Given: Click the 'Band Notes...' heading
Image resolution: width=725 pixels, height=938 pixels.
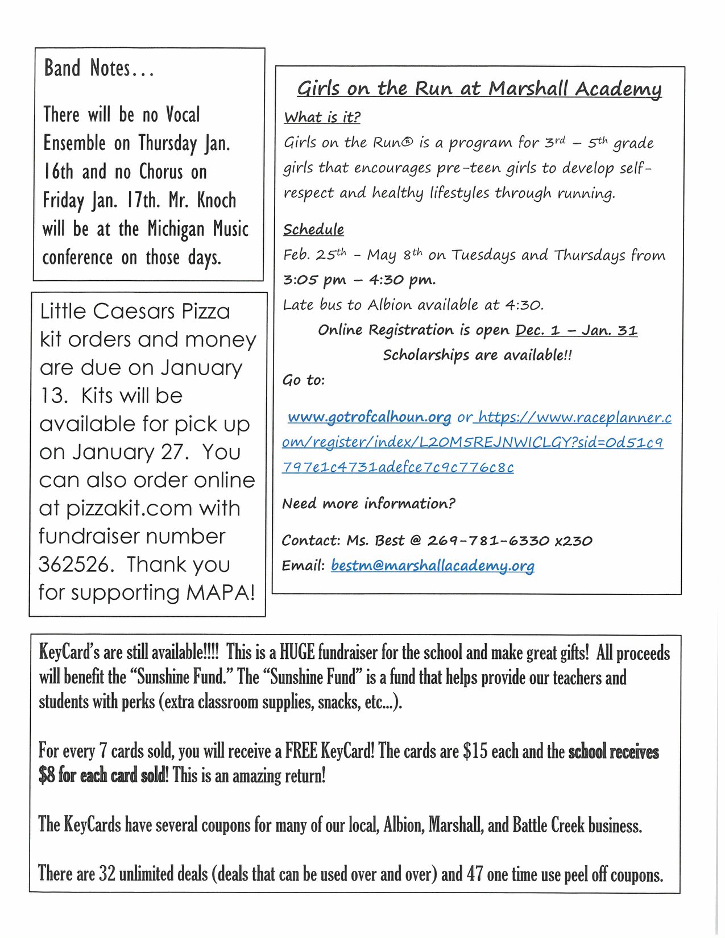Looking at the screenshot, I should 99,68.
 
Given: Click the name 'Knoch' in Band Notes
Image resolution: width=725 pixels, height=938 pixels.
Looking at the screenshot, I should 217,200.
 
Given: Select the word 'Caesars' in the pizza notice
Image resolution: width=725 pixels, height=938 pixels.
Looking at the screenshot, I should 134,312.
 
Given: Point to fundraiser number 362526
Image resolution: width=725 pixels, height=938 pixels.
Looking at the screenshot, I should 73,565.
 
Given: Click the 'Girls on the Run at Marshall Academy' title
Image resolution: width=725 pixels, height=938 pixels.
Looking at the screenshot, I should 479,89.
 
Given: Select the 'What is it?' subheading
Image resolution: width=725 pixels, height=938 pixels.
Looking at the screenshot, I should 322,118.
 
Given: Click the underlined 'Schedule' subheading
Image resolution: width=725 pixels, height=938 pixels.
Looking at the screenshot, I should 313,230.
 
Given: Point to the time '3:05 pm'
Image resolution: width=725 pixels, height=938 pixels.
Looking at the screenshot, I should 314,280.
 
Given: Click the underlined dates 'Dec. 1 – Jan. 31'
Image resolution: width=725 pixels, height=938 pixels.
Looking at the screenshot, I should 576,330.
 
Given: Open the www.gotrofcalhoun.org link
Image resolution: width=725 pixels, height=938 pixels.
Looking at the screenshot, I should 369,417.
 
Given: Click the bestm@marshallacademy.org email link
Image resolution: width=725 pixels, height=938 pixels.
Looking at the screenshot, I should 432,566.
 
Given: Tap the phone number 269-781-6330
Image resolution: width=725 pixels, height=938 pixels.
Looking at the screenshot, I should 488,541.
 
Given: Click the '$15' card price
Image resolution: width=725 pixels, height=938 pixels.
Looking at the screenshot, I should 475,751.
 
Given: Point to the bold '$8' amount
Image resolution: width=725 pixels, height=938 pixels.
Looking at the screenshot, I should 47,775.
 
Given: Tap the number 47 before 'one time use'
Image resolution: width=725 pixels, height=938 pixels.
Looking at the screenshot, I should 475,874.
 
